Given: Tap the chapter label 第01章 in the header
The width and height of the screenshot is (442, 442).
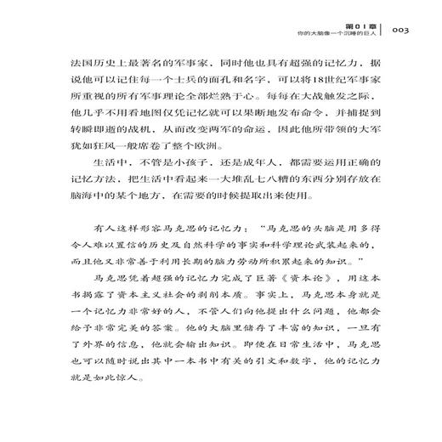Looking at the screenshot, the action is tap(362, 22).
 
